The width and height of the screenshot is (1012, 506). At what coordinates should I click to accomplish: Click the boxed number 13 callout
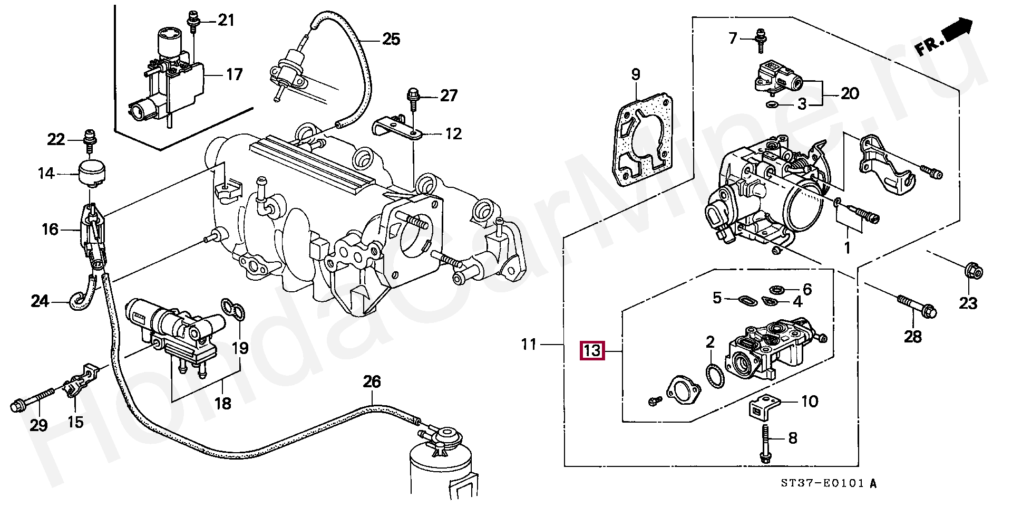(x=592, y=350)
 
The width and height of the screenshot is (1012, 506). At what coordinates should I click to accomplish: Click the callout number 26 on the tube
(x=372, y=381)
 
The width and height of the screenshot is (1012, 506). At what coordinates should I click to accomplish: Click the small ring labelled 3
(x=772, y=104)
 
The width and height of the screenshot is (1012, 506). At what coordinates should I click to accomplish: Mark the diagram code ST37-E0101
(x=825, y=483)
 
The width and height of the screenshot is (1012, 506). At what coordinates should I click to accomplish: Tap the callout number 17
(x=234, y=74)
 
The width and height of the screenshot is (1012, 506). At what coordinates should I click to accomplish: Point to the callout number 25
(x=391, y=39)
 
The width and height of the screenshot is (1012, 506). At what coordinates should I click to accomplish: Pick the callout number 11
(x=529, y=345)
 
